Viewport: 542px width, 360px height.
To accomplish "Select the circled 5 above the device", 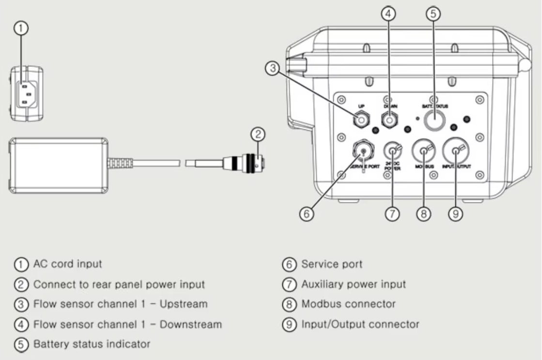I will (434, 14).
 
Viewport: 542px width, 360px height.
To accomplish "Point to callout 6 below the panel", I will (306, 214).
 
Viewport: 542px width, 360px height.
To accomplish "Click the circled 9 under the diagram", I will (455, 214).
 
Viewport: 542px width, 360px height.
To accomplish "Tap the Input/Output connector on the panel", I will (455, 152).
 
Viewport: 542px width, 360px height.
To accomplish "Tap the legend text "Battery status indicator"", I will (92, 344).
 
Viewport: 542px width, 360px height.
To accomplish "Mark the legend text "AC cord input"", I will (67, 265).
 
